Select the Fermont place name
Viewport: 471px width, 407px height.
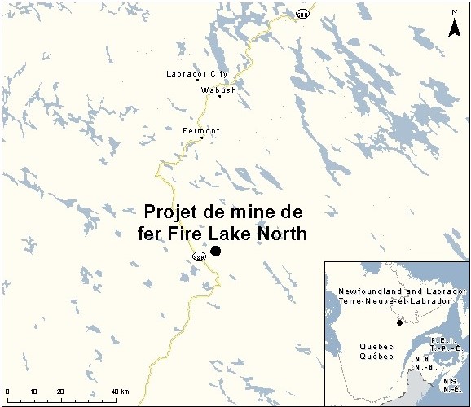[x=201, y=130]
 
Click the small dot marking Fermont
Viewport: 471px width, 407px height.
[x=201, y=138]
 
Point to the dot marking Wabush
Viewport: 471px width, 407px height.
[x=219, y=97]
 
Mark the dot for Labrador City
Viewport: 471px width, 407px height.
[x=197, y=81]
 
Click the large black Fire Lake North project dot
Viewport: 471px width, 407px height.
[x=216, y=251]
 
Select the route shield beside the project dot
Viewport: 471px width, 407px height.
[x=198, y=257]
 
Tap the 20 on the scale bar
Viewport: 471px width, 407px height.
[x=60, y=392]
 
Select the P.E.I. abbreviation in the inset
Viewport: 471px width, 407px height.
[x=436, y=339]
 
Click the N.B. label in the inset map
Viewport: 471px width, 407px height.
[x=423, y=357]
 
